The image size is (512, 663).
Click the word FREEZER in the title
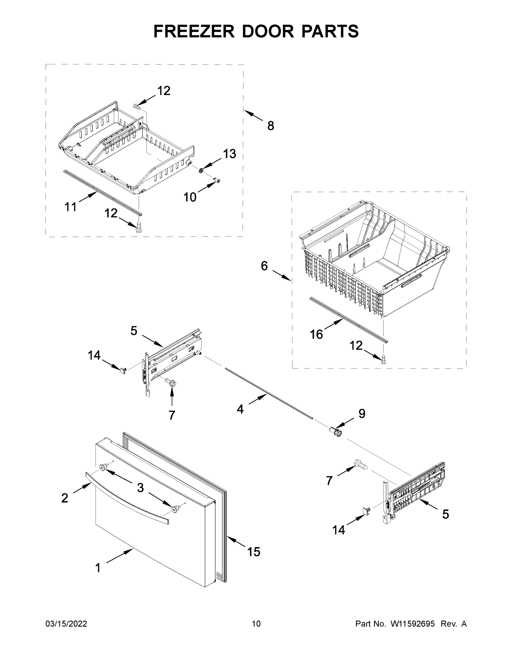(194, 31)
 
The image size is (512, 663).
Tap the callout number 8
(270, 126)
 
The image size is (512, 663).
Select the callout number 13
(229, 154)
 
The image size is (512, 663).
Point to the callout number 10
(190, 197)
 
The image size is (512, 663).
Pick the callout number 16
(316, 335)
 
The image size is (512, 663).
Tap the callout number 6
(264, 266)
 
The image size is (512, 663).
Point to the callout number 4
(240, 409)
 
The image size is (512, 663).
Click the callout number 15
(253, 552)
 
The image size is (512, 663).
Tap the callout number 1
(98, 568)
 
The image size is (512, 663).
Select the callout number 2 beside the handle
(65, 498)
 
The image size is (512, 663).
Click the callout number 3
(140, 488)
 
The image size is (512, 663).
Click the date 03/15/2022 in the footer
(66, 623)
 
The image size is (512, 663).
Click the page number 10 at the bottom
(256, 623)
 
